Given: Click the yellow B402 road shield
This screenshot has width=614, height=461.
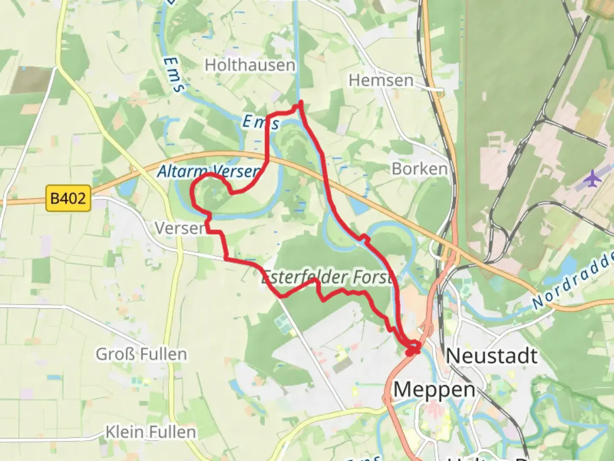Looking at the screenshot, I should (x=68, y=198).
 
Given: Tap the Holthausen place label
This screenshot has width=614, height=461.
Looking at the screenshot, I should (x=250, y=65).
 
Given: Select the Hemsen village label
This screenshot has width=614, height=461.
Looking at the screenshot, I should (x=381, y=80).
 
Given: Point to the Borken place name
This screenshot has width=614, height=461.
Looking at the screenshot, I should (x=420, y=169).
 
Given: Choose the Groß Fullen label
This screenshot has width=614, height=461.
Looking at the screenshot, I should (x=141, y=354).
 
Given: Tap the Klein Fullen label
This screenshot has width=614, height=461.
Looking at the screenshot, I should (x=151, y=432).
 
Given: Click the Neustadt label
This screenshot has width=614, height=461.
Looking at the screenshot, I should (x=492, y=356).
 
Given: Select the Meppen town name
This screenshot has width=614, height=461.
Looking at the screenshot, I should (x=434, y=390).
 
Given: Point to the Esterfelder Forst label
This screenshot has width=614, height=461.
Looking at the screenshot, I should (x=327, y=278).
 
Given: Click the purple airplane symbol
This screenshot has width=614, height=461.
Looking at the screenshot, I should (x=593, y=178).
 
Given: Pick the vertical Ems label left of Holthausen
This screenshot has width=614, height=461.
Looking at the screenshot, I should (x=174, y=75).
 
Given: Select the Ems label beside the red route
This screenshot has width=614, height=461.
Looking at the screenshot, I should (x=261, y=123).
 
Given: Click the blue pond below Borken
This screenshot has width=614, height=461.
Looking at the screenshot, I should (x=359, y=207).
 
